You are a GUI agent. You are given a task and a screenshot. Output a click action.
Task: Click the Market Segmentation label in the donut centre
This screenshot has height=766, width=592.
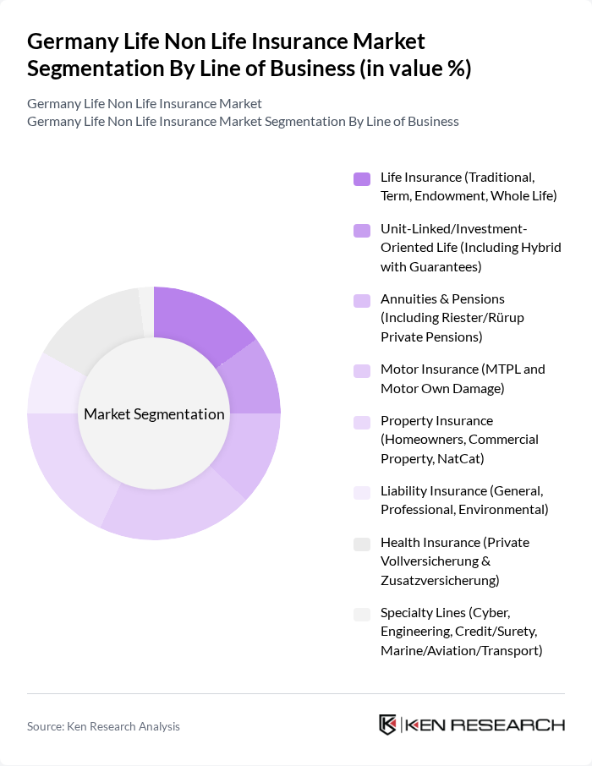[x=154, y=414]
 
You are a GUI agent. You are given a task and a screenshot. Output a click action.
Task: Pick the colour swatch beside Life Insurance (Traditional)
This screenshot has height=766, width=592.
[x=362, y=178]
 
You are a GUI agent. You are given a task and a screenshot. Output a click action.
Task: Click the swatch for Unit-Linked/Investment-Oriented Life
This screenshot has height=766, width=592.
[x=362, y=229]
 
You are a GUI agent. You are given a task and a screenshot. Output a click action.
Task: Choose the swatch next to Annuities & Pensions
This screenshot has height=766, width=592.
[x=362, y=300]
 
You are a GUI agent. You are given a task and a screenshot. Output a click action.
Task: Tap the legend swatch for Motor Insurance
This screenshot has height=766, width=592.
[x=362, y=370]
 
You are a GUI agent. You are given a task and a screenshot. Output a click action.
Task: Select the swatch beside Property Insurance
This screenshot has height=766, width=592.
[x=362, y=422]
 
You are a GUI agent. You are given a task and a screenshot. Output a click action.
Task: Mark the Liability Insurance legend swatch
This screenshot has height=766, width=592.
[x=362, y=492]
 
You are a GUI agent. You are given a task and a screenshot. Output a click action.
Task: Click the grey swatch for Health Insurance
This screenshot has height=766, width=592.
[x=362, y=544]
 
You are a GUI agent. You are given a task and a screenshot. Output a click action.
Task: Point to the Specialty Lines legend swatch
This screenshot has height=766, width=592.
[x=362, y=614]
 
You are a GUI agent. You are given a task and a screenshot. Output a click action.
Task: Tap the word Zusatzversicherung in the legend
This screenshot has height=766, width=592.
[x=440, y=580]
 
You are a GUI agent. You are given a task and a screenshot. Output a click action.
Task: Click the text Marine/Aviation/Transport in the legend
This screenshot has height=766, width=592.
[x=461, y=650]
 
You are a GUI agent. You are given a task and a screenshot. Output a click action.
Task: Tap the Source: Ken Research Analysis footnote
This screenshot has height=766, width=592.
[x=103, y=726]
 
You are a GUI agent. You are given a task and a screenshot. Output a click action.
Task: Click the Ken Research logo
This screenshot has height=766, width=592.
[x=471, y=725]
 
